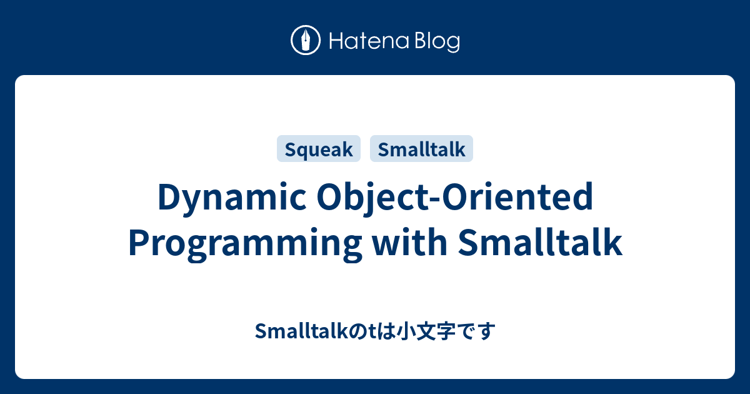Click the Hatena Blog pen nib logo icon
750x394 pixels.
[306, 41]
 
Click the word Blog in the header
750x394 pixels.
[436, 43]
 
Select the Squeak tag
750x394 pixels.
[319, 149]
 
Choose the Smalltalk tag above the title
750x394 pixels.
[422, 149]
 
